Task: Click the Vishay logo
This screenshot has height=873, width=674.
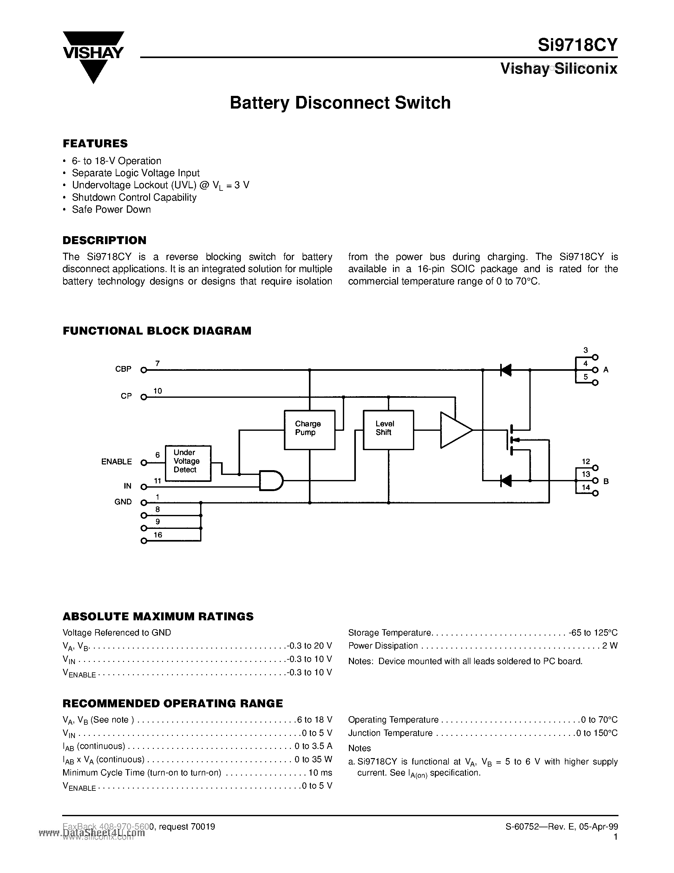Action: pos(94,56)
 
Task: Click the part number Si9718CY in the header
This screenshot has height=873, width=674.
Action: pos(577,45)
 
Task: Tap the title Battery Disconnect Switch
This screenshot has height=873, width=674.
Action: pos(340,103)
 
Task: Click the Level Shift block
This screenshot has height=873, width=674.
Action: pos(388,430)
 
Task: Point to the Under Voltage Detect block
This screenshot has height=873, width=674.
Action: pos(188,463)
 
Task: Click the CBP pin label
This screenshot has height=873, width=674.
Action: pos(123,369)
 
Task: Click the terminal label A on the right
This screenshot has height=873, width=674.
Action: pos(606,370)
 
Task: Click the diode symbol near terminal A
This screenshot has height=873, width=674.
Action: pos(506,370)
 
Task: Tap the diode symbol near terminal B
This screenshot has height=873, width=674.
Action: pos(506,481)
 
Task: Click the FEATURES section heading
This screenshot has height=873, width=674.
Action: pos(95,143)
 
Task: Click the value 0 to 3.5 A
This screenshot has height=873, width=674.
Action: pos(313,746)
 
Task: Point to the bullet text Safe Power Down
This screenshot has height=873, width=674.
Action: pos(111,210)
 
